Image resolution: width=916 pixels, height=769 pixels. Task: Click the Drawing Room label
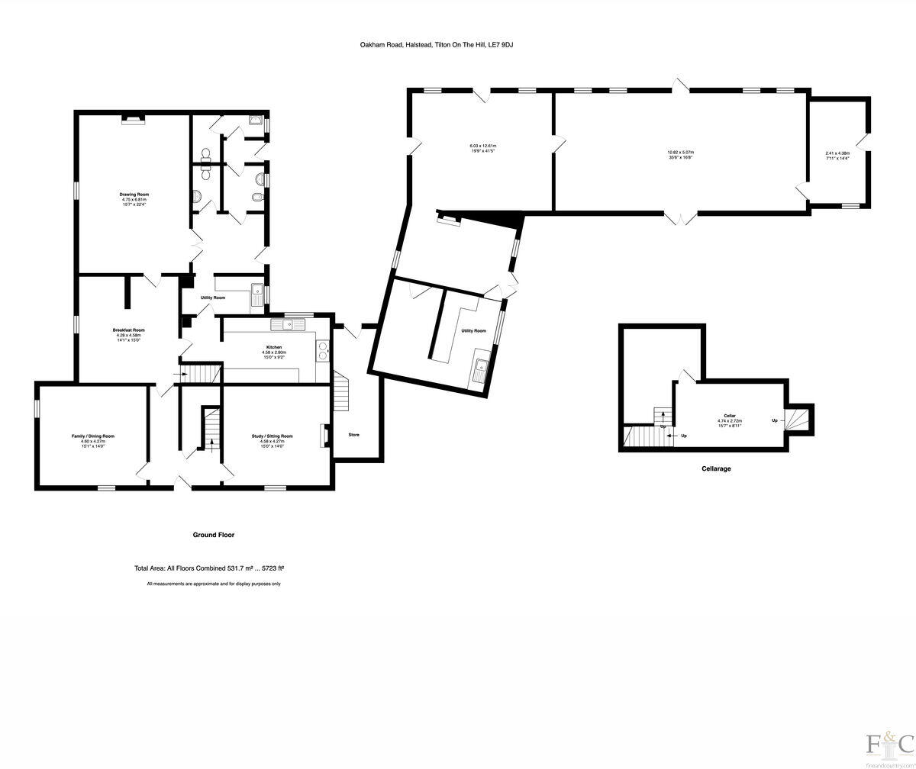[x=133, y=195]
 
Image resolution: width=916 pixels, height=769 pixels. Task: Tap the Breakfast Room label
[x=128, y=330]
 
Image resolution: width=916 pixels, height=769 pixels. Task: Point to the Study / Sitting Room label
[x=272, y=436]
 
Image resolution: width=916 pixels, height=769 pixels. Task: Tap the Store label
[x=353, y=435]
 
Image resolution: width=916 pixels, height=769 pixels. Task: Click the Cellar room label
[x=730, y=416]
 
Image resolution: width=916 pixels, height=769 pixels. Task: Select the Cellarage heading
[x=716, y=468]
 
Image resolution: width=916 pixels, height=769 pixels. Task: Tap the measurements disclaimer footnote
[x=214, y=584]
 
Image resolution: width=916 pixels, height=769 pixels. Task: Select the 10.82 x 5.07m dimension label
[x=680, y=153]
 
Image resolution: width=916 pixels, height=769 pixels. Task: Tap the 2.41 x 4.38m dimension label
[x=837, y=153]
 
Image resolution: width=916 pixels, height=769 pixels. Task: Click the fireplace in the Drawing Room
[x=134, y=118]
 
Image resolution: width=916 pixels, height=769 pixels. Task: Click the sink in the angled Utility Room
[x=481, y=370]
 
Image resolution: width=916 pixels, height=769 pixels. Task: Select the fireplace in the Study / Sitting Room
[x=324, y=434]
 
